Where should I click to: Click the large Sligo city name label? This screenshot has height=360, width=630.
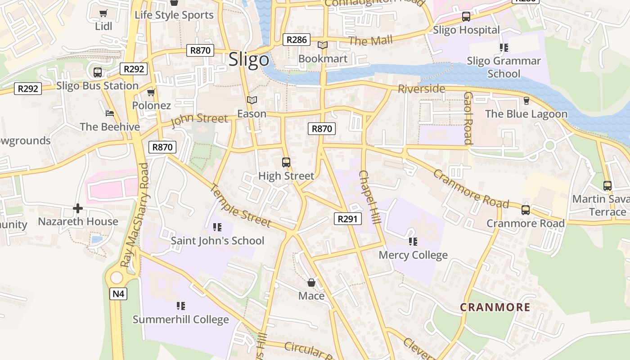click(x=249, y=60)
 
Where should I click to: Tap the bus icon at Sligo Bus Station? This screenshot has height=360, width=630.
click(x=97, y=72)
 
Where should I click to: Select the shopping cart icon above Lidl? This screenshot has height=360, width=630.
click(x=103, y=13)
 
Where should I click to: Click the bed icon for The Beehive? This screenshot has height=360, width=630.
click(x=110, y=113)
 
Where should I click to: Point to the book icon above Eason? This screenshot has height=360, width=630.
click(x=252, y=100)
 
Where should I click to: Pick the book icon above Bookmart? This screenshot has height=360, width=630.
click(x=323, y=45)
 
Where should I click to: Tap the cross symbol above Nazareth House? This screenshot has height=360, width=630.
click(x=78, y=208)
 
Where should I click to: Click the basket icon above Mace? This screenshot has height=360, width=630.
click(x=311, y=283)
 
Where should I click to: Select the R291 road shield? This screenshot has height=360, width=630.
click(x=348, y=219)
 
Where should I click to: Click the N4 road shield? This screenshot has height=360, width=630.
click(x=118, y=294)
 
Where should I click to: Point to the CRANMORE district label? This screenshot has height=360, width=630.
click(x=495, y=307)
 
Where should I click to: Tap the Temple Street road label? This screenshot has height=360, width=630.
click(x=241, y=206)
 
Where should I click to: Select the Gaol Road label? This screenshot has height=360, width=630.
click(x=468, y=118)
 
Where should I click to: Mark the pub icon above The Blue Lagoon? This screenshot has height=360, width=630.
click(x=526, y=101)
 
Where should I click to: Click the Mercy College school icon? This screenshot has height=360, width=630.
click(x=413, y=242)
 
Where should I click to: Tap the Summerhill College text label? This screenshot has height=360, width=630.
click(x=180, y=320)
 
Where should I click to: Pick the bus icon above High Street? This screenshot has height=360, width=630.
click(x=286, y=162)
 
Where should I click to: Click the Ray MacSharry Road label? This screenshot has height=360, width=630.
click(x=136, y=215)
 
